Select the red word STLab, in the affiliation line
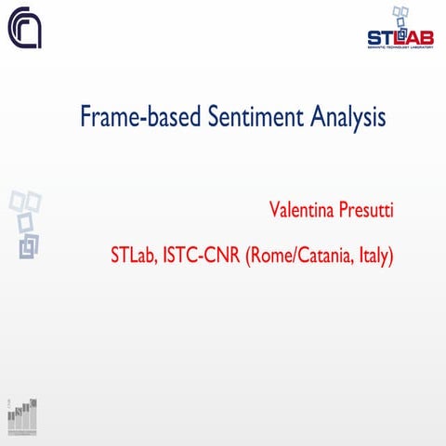[132, 254]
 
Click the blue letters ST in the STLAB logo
[379, 38]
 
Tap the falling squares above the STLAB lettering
[400, 17]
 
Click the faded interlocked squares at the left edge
[25, 223]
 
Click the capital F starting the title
[86, 118]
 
